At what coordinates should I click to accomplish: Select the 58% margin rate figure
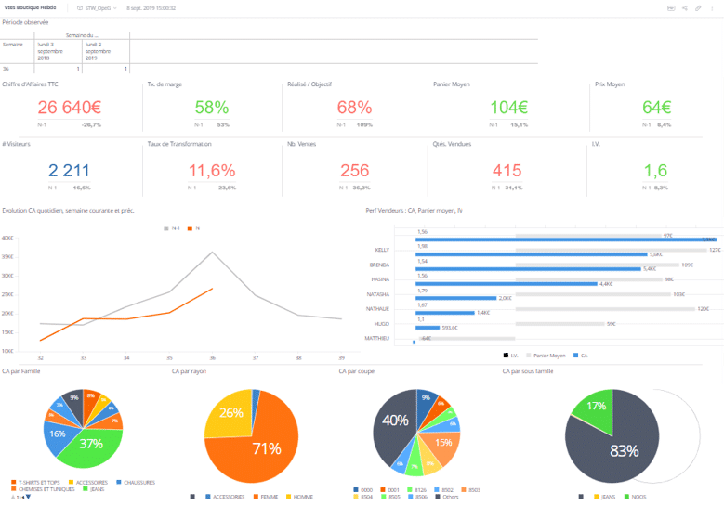tap(212, 108)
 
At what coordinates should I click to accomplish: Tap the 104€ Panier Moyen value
tap(508, 108)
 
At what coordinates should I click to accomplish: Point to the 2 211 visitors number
tap(69, 171)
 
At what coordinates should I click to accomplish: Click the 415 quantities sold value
tap(507, 171)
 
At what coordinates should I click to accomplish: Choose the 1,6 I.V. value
tap(655, 171)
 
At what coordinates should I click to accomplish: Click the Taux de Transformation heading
tap(179, 144)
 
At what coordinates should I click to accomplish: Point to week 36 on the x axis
tap(212, 357)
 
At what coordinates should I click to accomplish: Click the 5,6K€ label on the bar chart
tap(655, 254)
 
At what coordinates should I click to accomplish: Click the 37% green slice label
tap(90, 444)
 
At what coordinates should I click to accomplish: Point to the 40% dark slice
tap(396, 421)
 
